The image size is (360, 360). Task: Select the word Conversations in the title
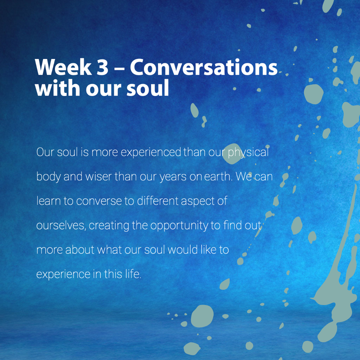coord(204,67)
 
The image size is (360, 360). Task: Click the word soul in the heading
coord(148,88)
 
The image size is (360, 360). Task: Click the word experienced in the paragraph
coord(151,152)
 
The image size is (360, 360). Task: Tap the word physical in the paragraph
coord(248,152)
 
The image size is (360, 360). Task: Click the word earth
coord(218,177)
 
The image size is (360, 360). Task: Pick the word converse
coord(99,201)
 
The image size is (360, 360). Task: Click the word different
coord(158,201)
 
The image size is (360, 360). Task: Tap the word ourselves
coord(61,225)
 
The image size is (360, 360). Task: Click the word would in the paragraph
coord(183,250)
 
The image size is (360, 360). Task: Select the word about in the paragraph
coord(80,250)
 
